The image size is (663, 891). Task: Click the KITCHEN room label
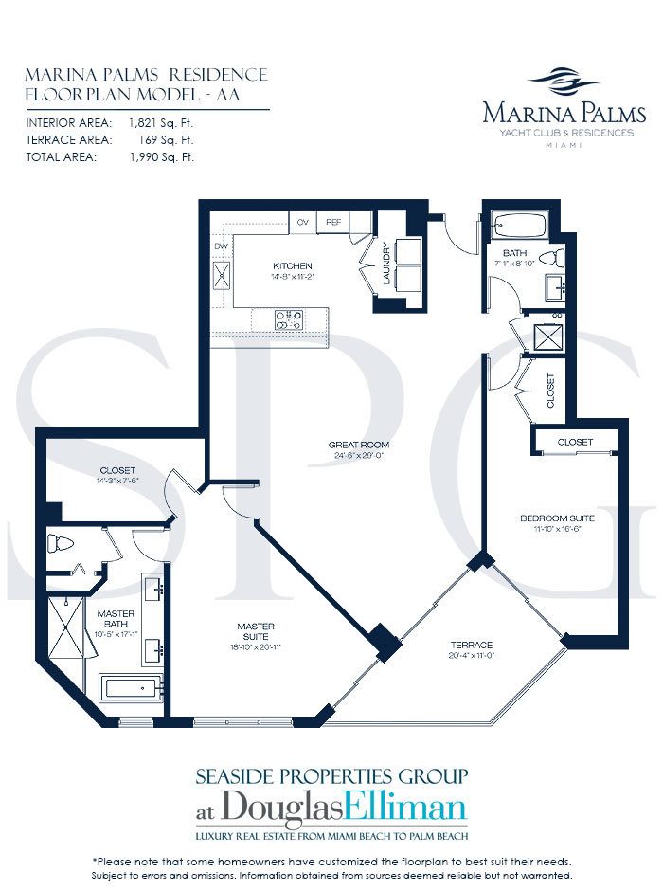pyautogui.click(x=293, y=266)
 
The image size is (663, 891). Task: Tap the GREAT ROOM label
pyautogui.click(x=359, y=445)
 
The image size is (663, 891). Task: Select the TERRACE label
pyautogui.click(x=471, y=645)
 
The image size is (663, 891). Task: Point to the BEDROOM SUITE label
pyautogui.click(x=558, y=518)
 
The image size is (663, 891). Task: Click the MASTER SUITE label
pyautogui.click(x=256, y=631)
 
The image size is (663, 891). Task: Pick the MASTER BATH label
pyautogui.click(x=116, y=619)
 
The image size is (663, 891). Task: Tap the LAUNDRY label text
pyautogui.click(x=386, y=264)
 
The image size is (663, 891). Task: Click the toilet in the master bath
pyautogui.click(x=61, y=544)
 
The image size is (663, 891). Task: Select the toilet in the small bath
pyautogui.click(x=551, y=259)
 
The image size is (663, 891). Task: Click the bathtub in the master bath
pyautogui.click(x=131, y=689)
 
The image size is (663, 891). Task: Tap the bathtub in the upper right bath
pyautogui.click(x=519, y=227)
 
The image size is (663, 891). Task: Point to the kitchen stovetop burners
pyautogui.click(x=289, y=320)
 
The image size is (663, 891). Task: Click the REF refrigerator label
pyautogui.click(x=333, y=222)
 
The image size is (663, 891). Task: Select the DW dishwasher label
pyautogui.click(x=221, y=246)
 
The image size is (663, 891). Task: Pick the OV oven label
pyautogui.click(x=302, y=222)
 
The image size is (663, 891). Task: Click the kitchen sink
pyautogui.click(x=222, y=276)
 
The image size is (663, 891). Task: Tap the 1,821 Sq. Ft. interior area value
pyautogui.click(x=161, y=122)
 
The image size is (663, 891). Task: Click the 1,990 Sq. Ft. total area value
pyautogui.click(x=161, y=157)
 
